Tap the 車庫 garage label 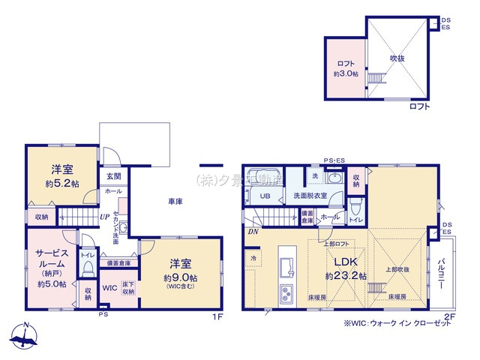point(175,202)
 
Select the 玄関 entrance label point(112,177)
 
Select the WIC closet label point(109,287)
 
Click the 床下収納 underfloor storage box point(127,286)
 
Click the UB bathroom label point(265,196)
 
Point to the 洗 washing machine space point(315,175)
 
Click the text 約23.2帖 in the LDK point(346,277)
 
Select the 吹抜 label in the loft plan point(398,57)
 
